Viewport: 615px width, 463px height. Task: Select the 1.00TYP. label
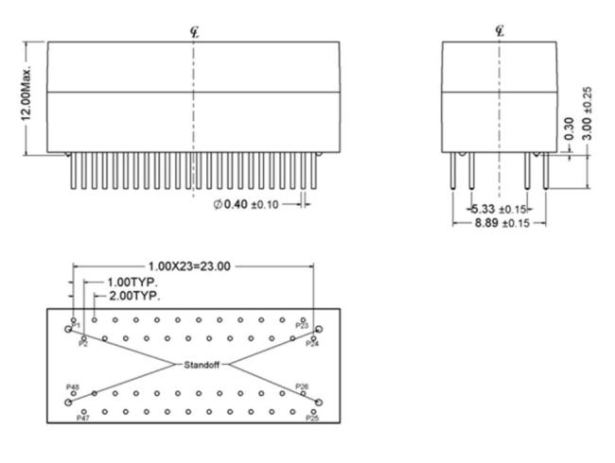[132, 281]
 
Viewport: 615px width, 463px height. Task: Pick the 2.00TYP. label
[133, 295]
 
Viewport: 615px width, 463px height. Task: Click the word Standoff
[200, 364]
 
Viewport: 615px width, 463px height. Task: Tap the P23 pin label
[302, 326]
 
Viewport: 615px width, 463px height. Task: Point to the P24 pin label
[312, 344]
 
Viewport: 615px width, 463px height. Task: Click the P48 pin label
[72, 387]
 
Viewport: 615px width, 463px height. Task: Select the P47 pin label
[83, 417]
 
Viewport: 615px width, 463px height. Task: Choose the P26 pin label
[302, 386]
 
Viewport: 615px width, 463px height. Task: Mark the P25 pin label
[312, 417]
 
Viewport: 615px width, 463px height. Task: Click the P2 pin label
[83, 344]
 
